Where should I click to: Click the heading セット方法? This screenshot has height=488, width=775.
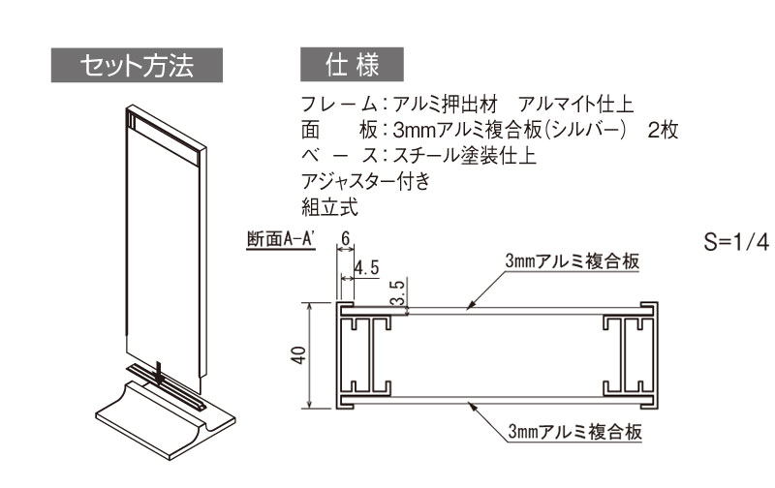coord(137,65)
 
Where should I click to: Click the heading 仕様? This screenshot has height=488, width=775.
coord(352,64)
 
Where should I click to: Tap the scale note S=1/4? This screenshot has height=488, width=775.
coord(736,242)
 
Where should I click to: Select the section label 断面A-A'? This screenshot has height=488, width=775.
coord(281,239)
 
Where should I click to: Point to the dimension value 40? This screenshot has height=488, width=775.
coord(298,355)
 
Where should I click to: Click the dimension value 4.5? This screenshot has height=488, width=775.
coord(367,268)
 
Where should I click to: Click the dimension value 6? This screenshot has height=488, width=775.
coord(345,238)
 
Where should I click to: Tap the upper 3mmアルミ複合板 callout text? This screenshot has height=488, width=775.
coord(572,260)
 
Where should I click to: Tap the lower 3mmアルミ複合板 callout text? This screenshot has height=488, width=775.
coord(574,431)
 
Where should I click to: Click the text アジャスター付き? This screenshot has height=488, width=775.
coord(366,181)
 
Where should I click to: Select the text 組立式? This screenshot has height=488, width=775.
coord(329,207)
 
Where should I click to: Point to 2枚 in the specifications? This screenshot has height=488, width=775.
coord(663,130)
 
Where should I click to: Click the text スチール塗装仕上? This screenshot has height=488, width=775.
coord(465,156)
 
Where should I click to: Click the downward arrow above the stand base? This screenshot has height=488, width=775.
coord(158,374)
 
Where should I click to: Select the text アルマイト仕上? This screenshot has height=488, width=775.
coord(575,105)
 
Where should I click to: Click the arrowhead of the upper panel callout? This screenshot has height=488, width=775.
coord(471,306)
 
